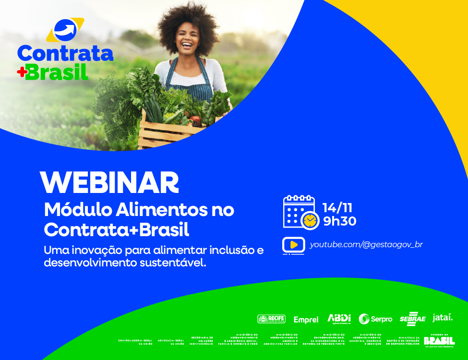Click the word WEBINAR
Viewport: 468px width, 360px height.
point(109,183)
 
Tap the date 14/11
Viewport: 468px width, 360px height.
point(337,208)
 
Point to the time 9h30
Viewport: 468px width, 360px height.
point(340,221)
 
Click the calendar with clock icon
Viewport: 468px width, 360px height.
point(300,212)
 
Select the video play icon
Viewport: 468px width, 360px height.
point(294,245)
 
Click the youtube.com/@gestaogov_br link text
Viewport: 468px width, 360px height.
point(366,244)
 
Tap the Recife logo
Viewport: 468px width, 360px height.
point(271,319)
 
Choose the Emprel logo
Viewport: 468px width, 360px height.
point(306,320)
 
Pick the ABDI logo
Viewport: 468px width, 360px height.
point(339,318)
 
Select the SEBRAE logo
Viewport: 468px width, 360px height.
point(412,319)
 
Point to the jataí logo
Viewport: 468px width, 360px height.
point(443,318)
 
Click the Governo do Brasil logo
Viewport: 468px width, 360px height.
point(439,340)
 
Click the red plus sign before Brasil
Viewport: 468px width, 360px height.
point(22,72)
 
